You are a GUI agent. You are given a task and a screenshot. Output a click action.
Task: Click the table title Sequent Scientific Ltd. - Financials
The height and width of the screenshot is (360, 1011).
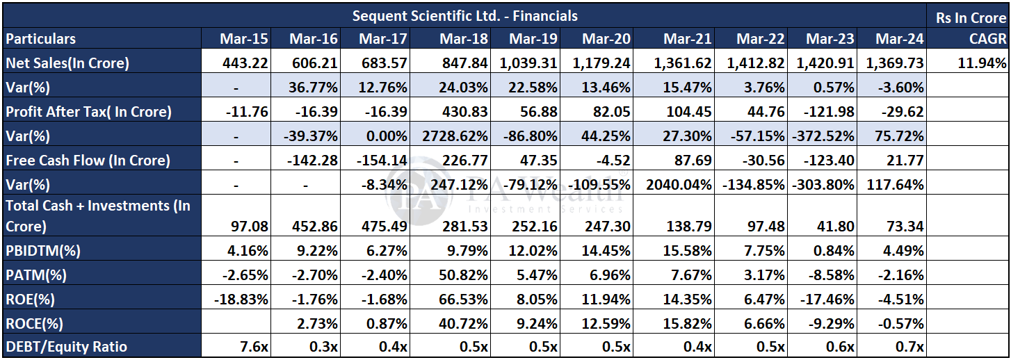point(464,15)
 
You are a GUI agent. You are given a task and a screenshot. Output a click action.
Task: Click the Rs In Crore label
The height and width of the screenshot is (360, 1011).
point(971,17)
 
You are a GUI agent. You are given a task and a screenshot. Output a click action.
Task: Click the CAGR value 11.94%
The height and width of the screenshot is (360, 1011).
point(981,63)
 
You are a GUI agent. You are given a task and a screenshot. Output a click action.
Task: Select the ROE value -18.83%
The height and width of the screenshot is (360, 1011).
point(241,299)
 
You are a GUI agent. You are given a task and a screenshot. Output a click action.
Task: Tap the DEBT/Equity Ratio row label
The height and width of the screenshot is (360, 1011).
point(67,347)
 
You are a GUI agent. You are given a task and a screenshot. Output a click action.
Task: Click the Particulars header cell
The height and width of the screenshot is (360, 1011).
point(40,39)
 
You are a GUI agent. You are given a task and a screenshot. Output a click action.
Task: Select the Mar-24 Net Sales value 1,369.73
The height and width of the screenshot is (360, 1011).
point(894,63)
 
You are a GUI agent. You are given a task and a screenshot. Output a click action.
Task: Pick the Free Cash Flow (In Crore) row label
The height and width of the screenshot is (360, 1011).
point(88,160)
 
